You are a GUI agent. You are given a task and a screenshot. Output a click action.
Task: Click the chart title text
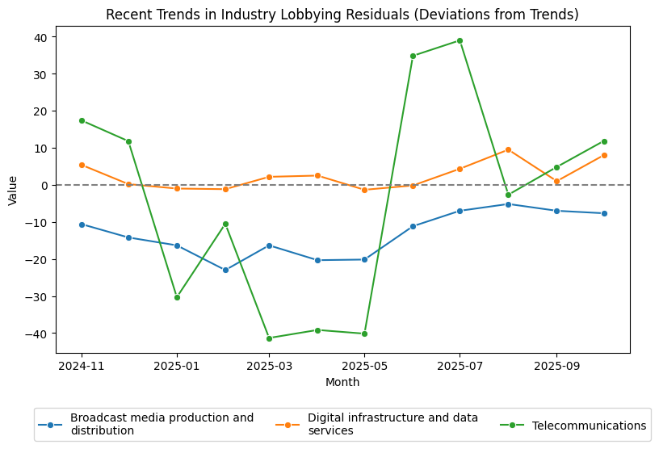pyautogui.click(x=342, y=15)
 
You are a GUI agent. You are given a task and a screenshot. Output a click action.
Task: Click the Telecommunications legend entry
pyautogui.click(x=589, y=426)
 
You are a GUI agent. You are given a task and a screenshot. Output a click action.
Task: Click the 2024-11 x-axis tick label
pyautogui.click(x=82, y=366)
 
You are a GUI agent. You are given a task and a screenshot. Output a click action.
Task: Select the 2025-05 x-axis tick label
pyautogui.click(x=364, y=366)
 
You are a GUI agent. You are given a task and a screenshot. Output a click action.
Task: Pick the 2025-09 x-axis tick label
pyautogui.click(x=556, y=366)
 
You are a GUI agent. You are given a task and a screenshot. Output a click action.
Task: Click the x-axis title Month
pyautogui.click(x=342, y=382)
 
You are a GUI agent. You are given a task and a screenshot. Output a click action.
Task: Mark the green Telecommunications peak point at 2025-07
pyautogui.click(x=460, y=40)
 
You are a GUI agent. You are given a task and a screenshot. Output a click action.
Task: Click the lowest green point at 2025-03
pyautogui.click(x=269, y=338)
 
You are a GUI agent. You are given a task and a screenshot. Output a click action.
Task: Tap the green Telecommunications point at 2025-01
pyautogui.click(x=177, y=297)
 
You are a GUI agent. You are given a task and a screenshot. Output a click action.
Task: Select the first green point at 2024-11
pyautogui.click(x=82, y=120)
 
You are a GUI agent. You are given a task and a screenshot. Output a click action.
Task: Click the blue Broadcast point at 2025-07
pyautogui.click(x=460, y=211)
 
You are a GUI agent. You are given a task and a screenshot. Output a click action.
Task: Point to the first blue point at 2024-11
pyautogui.click(x=82, y=224)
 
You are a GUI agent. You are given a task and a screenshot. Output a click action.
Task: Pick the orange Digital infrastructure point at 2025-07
pyautogui.click(x=460, y=169)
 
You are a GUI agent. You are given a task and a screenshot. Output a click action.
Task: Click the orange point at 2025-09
pyautogui.click(x=556, y=182)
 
